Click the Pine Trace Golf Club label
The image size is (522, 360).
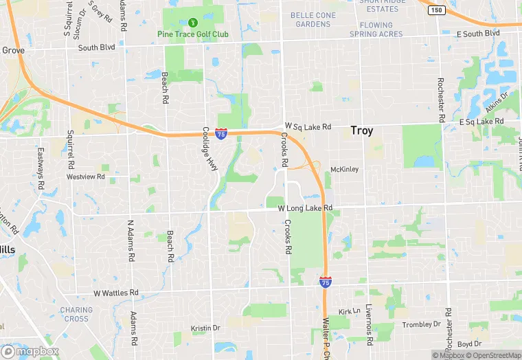[193, 34]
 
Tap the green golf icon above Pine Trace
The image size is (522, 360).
[193, 22]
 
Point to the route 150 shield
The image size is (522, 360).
[436, 10]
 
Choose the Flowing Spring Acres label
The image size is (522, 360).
[376, 30]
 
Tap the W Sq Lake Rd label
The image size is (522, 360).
[308, 126]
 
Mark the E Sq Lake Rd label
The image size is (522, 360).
[481, 122]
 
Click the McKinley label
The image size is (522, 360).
[344, 169]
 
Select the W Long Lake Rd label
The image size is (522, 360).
[304, 207]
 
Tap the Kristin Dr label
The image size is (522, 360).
[205, 328]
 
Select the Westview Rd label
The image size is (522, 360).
[85, 177]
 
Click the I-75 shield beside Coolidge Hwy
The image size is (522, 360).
[221, 134]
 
